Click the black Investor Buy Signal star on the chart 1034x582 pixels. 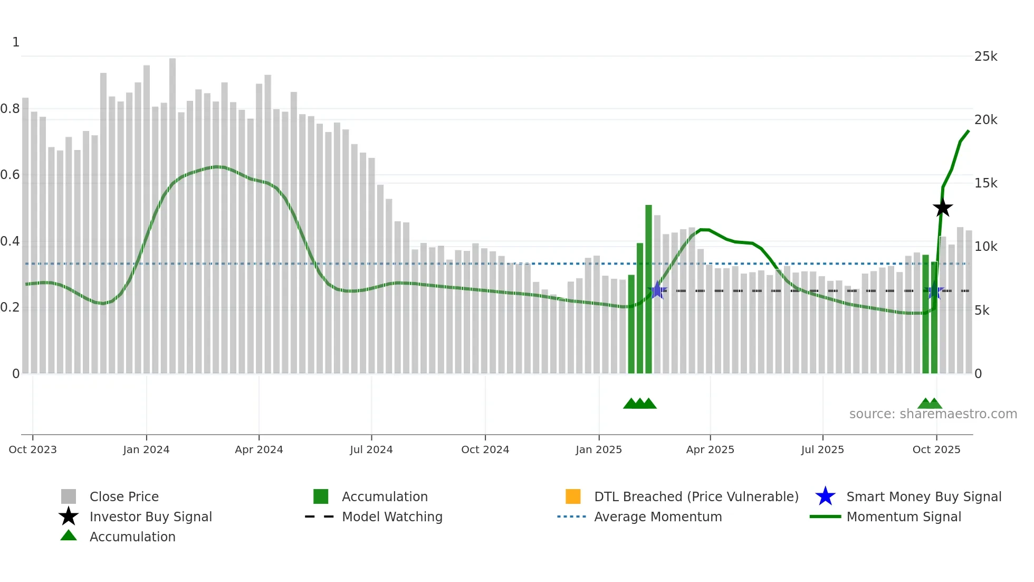click(943, 208)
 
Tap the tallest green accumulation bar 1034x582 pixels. click(648, 289)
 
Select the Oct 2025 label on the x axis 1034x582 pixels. click(936, 449)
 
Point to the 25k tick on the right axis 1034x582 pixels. click(985, 57)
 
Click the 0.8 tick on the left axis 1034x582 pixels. click(11, 109)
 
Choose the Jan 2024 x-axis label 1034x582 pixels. click(146, 449)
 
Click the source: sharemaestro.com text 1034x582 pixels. click(933, 414)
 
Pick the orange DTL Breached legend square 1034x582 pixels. click(573, 496)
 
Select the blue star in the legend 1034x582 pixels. click(825, 496)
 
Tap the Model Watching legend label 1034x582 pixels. click(392, 517)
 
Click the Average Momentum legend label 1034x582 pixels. click(658, 517)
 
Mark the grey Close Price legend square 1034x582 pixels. click(69, 496)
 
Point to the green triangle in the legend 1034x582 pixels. click(69, 536)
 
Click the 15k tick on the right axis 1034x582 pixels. click(985, 183)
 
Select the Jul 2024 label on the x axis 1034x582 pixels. click(371, 449)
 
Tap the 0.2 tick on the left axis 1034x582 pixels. click(11, 307)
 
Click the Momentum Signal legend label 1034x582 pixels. click(904, 517)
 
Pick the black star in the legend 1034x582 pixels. click(69, 517)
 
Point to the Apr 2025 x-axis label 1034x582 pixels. click(710, 449)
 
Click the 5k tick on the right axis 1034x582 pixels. click(982, 311)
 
